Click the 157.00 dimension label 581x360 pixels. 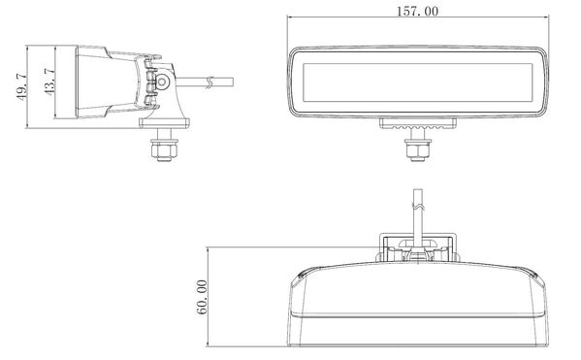coord(417,11)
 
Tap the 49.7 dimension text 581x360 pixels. coord(21,86)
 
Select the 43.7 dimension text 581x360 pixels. coord(49,82)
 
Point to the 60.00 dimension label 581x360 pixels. coord(202,297)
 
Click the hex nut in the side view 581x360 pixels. coord(164,149)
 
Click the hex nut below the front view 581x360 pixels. coord(418,149)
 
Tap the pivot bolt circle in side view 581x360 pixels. coord(162,82)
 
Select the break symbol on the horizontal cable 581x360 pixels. coord(210,82)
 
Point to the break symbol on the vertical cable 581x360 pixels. coord(418,206)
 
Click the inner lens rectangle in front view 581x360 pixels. coord(418,82)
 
